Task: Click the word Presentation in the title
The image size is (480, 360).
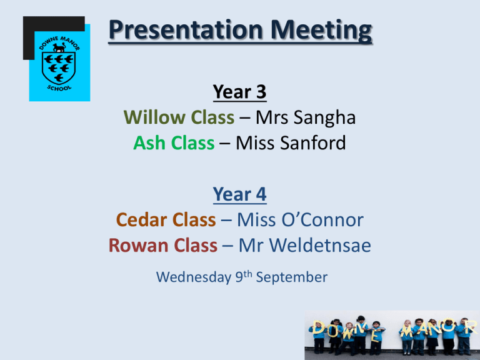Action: pyautogui.click(x=186, y=30)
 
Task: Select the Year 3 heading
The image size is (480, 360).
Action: pyautogui.click(x=240, y=91)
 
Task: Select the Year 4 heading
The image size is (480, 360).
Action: pyautogui.click(x=240, y=194)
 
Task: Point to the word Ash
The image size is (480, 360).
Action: pyautogui.click(x=149, y=142)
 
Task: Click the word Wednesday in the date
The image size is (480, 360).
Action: pyautogui.click(x=194, y=277)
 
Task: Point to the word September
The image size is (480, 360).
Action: pyautogui.click(x=292, y=278)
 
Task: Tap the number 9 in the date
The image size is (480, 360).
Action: pyautogui.click(x=239, y=277)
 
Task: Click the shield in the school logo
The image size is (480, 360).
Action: pyautogui.click(x=59, y=67)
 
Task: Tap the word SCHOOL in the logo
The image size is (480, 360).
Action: pyautogui.click(x=59, y=89)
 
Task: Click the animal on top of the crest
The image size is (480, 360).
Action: pyautogui.click(x=59, y=47)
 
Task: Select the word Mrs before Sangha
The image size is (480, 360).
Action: pyautogui.click(x=272, y=117)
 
